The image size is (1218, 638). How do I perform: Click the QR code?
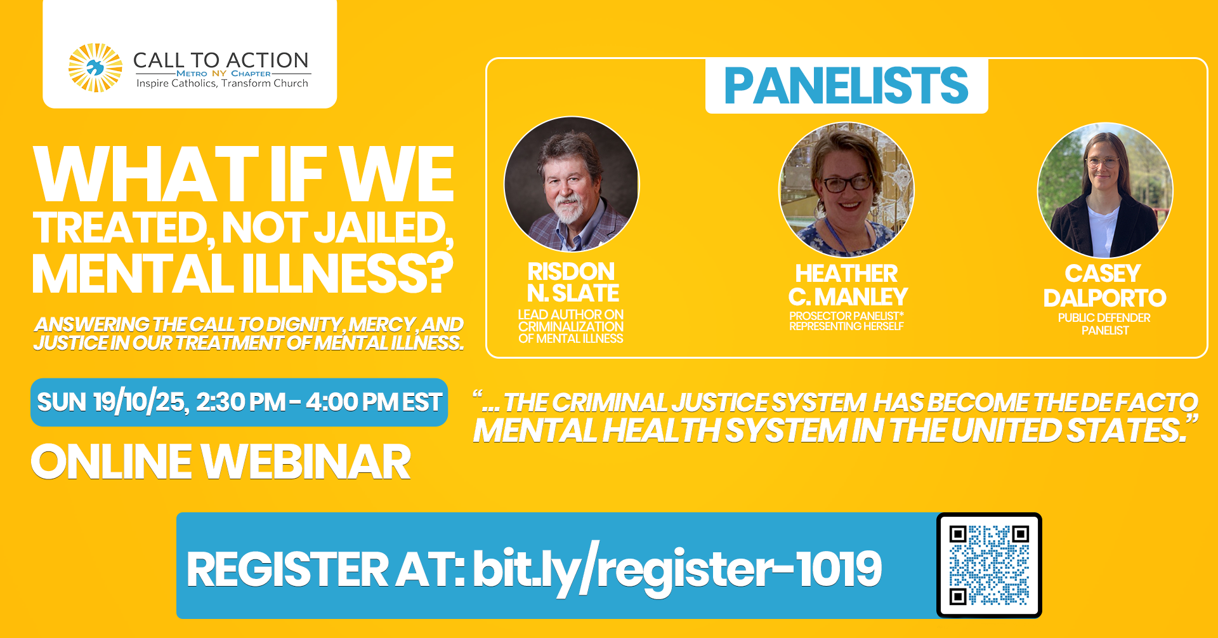tap(989, 565)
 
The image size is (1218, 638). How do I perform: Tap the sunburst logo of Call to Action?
tap(95, 68)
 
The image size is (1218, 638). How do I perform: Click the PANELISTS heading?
tap(846, 86)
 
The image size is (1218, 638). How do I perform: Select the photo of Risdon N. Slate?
tap(572, 184)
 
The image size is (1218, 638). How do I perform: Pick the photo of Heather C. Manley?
tap(846, 190)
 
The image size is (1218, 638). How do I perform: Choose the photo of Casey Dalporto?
tap(1105, 190)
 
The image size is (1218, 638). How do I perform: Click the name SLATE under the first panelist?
tap(586, 293)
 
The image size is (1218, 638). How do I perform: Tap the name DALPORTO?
tap(1104, 298)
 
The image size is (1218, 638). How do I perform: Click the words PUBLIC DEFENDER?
tap(1104, 318)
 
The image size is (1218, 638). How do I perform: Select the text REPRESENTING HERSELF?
tap(846, 326)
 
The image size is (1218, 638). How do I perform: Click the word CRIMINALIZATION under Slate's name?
tap(570, 326)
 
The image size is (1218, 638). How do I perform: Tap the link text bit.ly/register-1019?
tap(677, 569)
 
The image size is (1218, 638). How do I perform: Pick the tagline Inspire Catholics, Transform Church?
tap(222, 83)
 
